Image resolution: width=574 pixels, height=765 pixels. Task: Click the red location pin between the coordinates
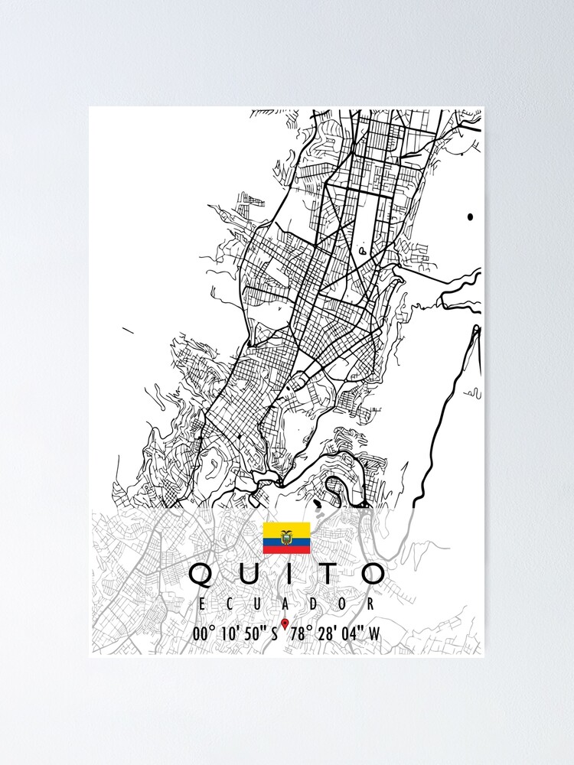point(285,623)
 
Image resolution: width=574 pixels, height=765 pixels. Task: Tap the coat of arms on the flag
point(287,538)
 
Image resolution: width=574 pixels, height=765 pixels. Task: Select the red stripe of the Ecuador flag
point(287,550)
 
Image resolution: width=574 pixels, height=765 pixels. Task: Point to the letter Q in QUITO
point(201,574)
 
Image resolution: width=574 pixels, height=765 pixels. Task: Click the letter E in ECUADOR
point(201,604)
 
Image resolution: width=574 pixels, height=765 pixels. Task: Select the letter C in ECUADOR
point(230,604)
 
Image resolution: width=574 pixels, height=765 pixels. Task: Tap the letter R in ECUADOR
point(372,604)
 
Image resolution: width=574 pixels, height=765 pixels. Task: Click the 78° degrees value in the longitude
point(301,633)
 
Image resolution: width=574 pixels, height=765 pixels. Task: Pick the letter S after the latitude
point(275,633)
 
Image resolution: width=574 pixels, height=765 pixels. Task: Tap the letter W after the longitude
point(373,633)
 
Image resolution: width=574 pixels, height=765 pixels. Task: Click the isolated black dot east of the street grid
point(470,217)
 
